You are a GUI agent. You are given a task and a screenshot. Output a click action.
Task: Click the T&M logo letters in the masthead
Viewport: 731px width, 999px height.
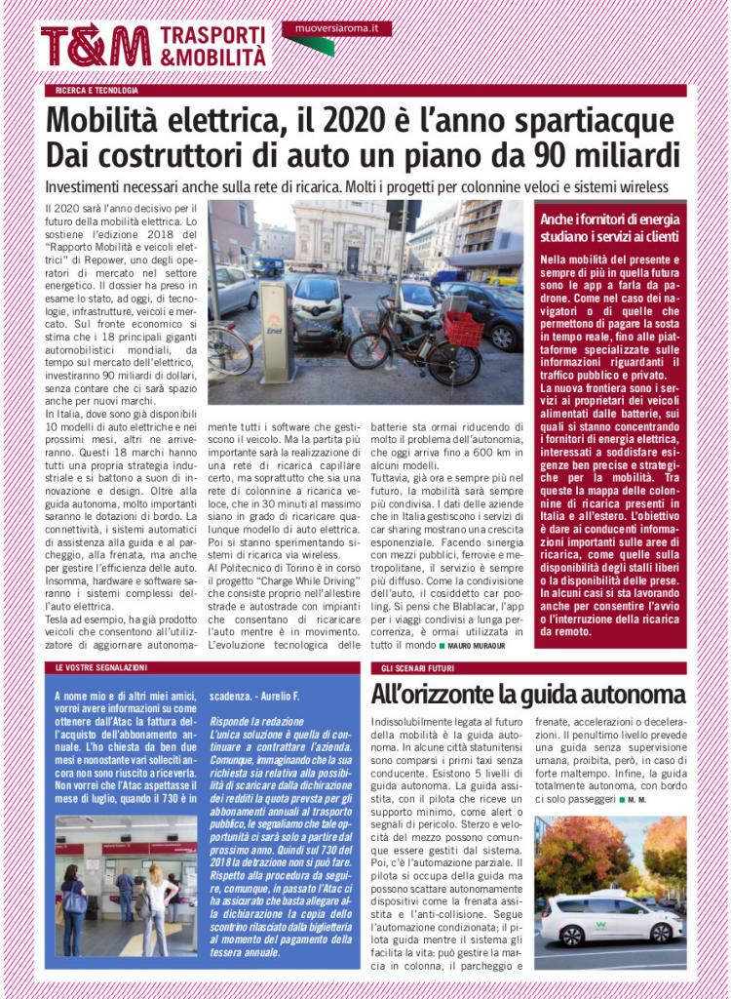95,45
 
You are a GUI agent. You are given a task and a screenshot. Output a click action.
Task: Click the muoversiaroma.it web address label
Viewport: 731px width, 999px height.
336,29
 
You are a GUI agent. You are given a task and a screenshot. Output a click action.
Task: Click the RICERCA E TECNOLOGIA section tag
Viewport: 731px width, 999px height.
97,91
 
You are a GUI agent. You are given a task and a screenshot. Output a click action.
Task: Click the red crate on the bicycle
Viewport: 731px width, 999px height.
463,327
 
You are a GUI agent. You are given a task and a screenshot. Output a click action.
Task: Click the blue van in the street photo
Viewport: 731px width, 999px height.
267,265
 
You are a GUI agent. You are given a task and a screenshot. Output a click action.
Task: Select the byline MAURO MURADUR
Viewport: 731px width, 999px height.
480,646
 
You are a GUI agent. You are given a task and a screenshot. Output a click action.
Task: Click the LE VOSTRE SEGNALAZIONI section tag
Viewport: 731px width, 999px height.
101,667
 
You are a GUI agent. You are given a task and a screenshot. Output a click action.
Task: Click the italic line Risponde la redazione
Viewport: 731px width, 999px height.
258,720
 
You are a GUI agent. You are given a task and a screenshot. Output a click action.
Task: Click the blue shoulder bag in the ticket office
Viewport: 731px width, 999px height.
75,899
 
